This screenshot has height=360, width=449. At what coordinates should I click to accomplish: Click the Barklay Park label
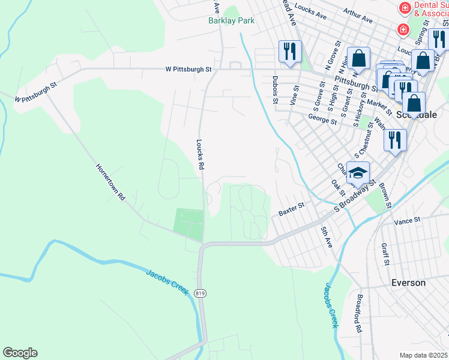pyautogui.click(x=231, y=20)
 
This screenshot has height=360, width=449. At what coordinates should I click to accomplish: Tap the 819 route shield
pyautogui.click(x=200, y=293)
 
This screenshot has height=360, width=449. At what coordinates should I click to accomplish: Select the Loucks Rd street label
pyautogui.click(x=200, y=154)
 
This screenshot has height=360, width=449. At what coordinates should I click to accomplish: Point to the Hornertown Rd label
pyautogui.click(x=110, y=181)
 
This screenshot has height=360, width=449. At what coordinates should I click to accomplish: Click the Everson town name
pyautogui.click(x=408, y=282)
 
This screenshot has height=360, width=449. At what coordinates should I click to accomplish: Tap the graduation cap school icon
pyautogui.click(x=358, y=173)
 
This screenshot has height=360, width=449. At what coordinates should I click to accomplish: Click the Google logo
pyautogui.click(x=20, y=353)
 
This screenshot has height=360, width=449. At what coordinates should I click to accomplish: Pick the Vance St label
pyautogui.click(x=408, y=221)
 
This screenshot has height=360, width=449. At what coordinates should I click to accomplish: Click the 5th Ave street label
pyautogui.click(x=327, y=236)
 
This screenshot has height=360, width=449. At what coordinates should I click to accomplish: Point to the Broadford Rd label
pyautogui.click(x=358, y=314)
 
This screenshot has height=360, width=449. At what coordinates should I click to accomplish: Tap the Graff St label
pyautogui.click(x=384, y=254)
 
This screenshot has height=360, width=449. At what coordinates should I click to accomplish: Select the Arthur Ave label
pyautogui.click(x=358, y=16)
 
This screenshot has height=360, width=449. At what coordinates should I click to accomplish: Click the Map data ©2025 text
pyautogui.click(x=423, y=355)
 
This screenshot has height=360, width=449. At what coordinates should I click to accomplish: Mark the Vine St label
pyautogui.click(x=295, y=95)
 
